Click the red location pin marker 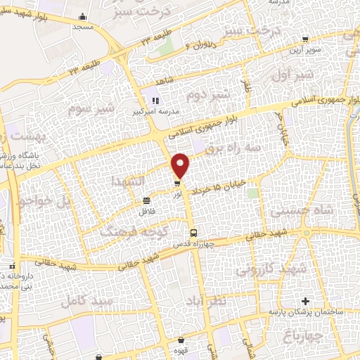tap(181, 165)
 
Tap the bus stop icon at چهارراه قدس tap(193, 233)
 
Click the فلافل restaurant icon tap(146, 201)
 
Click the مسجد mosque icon tap(84, 17)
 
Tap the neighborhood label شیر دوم tap(202, 94)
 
